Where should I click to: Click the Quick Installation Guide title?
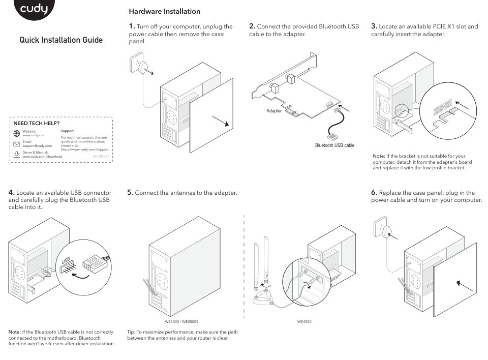(x=60, y=40)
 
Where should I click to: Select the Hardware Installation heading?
(x=164, y=11)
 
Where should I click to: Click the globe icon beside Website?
(x=16, y=133)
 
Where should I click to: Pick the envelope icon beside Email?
(x=16, y=143)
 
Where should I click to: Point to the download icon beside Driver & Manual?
(x=16, y=154)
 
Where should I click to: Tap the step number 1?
(x=131, y=26)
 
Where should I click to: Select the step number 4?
(x=11, y=192)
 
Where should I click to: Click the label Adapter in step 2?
(x=274, y=110)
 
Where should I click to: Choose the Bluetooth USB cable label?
(x=334, y=145)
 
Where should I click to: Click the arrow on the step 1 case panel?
(x=221, y=122)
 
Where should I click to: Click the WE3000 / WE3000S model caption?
(x=181, y=322)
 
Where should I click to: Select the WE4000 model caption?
(x=304, y=322)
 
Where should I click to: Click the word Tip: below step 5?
(x=131, y=332)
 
